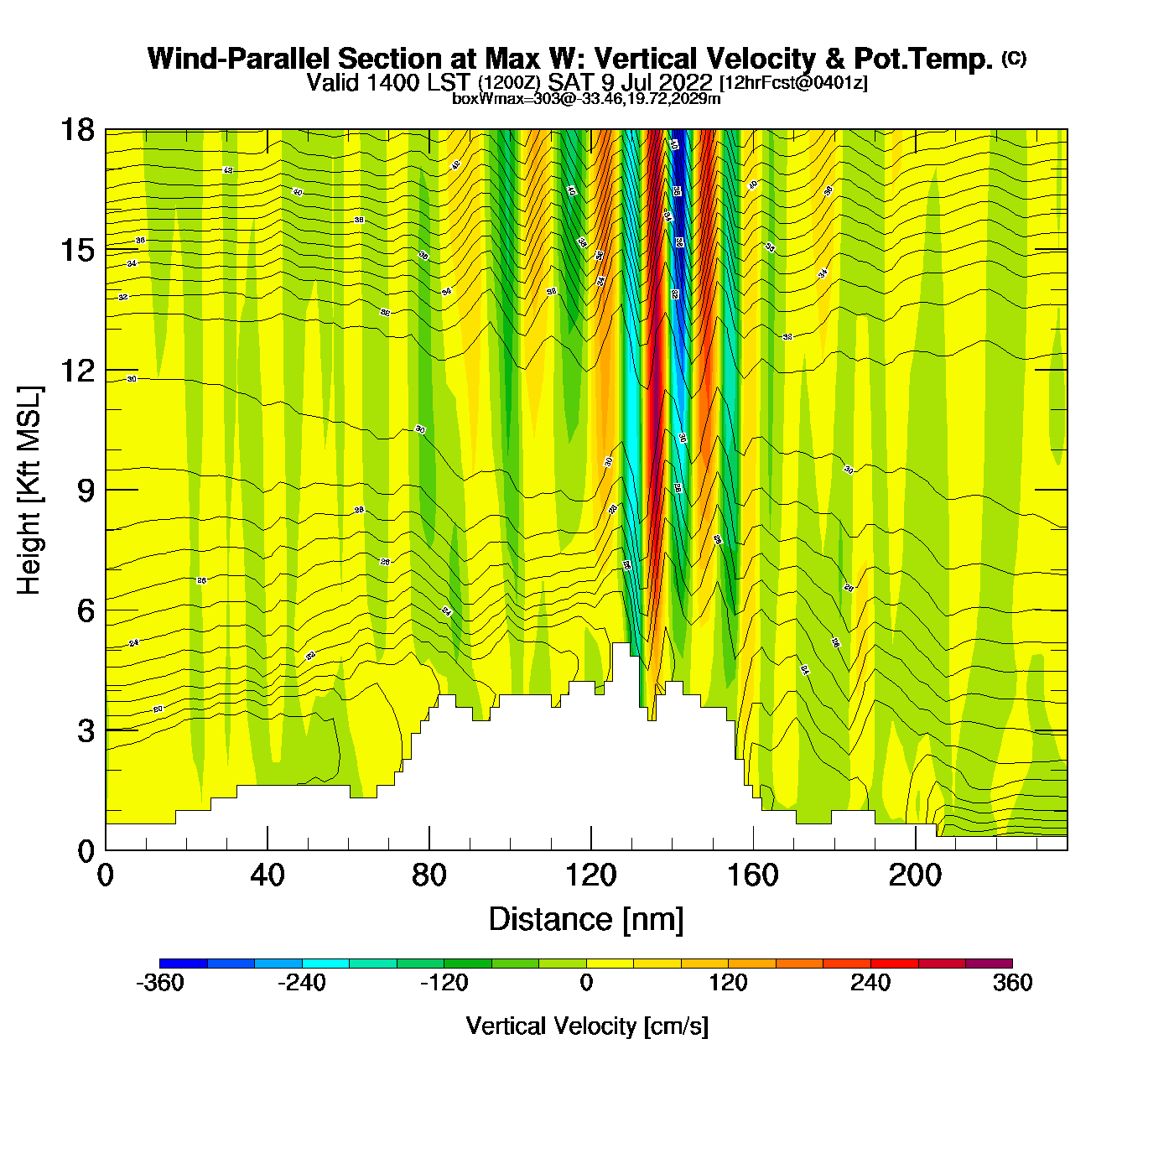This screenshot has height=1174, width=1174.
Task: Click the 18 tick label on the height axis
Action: (76, 131)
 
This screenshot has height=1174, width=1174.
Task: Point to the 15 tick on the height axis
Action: (76, 251)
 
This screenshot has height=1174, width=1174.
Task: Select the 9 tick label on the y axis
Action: (86, 491)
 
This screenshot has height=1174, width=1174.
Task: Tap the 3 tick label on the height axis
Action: (86, 731)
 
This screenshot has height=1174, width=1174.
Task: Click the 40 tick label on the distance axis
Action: (267, 875)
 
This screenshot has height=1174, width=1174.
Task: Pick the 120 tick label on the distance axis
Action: (590, 875)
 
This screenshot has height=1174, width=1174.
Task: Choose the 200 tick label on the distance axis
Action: (915, 875)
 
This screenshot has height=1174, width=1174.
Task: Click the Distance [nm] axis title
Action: (586, 920)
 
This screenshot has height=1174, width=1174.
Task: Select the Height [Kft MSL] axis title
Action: (29, 491)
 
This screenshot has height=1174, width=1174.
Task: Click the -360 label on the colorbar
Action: (159, 983)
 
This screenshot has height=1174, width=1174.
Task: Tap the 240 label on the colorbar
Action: (870, 983)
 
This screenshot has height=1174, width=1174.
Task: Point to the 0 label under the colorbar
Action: (586, 983)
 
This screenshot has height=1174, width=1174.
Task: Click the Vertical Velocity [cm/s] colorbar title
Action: (587, 1026)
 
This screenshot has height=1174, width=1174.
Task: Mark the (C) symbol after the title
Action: (1014, 58)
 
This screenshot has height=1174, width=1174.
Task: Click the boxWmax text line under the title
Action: (586, 99)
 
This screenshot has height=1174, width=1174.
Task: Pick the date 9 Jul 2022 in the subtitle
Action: (657, 82)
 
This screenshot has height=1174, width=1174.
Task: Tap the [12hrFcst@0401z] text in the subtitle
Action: (793, 83)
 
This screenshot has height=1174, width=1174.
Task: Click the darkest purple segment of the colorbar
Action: (989, 964)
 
